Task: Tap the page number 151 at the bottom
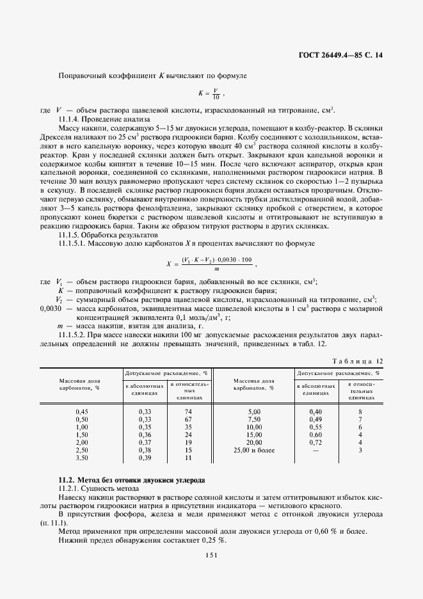tap(211, 555)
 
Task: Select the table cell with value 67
tap(188, 420)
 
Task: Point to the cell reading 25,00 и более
tap(254, 451)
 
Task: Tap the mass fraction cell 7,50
tap(255, 420)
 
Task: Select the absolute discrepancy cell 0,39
tap(145, 458)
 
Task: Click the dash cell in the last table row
tap(315, 451)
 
